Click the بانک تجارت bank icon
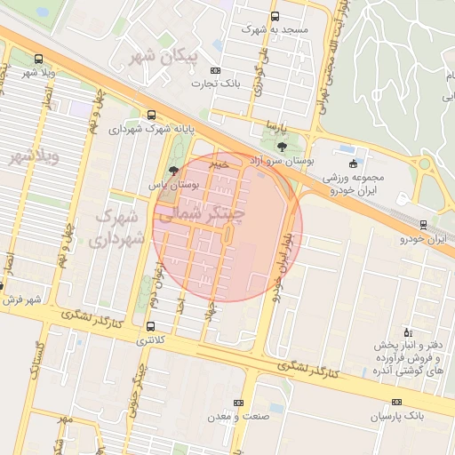point(215,70)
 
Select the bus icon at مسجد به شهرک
point(274,17)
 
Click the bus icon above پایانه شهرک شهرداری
point(150,115)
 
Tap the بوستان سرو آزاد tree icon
point(282,146)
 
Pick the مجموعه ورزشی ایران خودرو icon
point(353,164)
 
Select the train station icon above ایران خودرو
point(423,225)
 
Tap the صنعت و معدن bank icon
point(236,403)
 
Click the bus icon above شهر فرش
point(3,286)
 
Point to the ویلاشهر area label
point(34,157)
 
